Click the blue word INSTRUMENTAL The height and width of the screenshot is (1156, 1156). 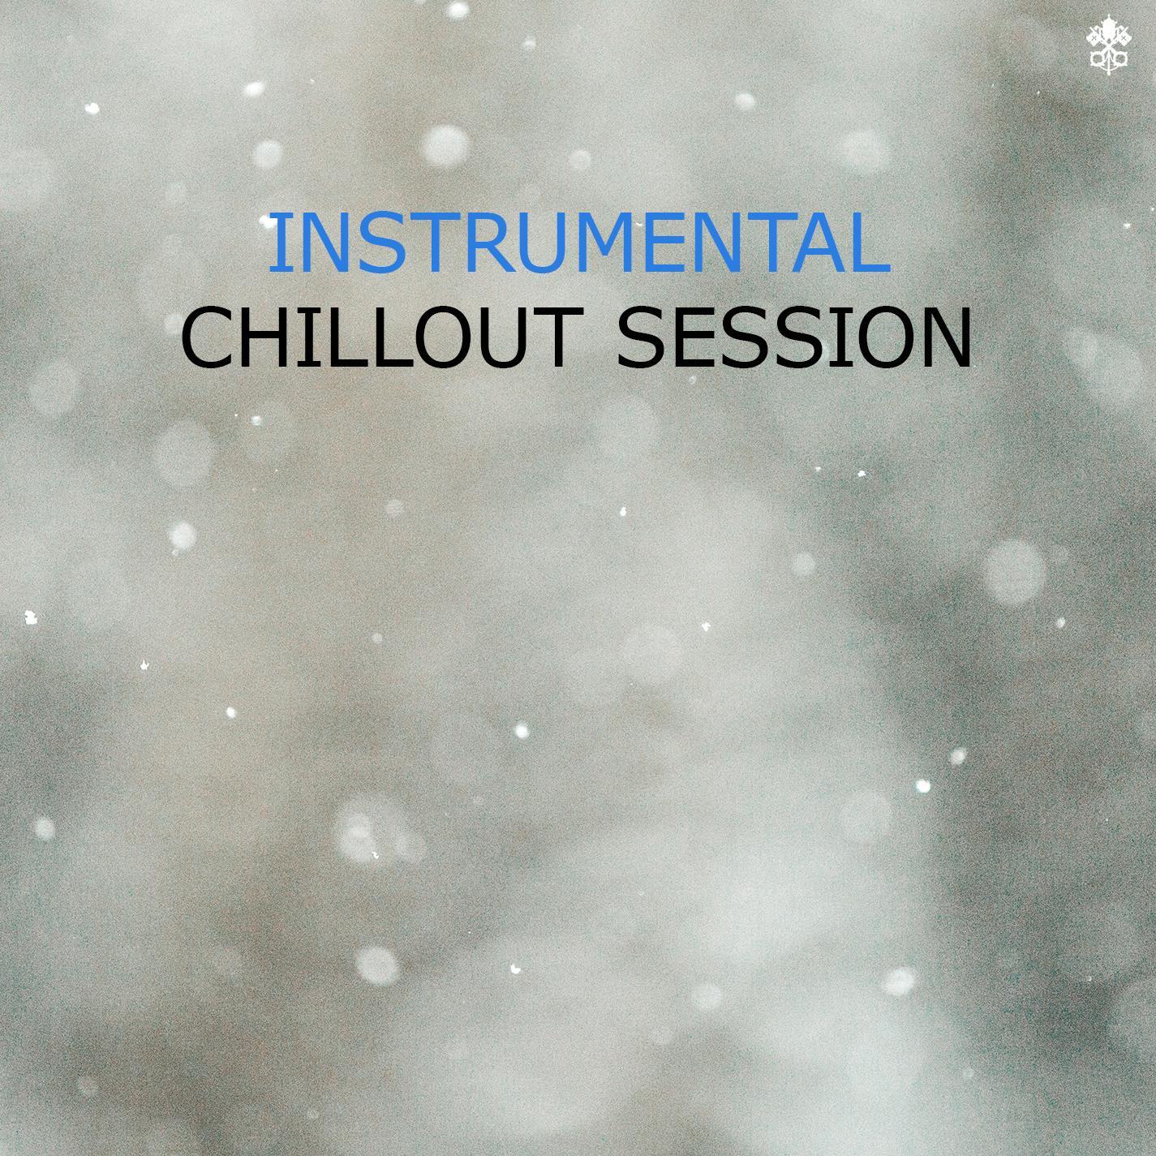(579, 243)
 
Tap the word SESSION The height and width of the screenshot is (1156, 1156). (793, 337)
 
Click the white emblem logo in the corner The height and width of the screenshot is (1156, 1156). (1109, 53)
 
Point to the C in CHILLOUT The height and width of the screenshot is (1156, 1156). (208, 337)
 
